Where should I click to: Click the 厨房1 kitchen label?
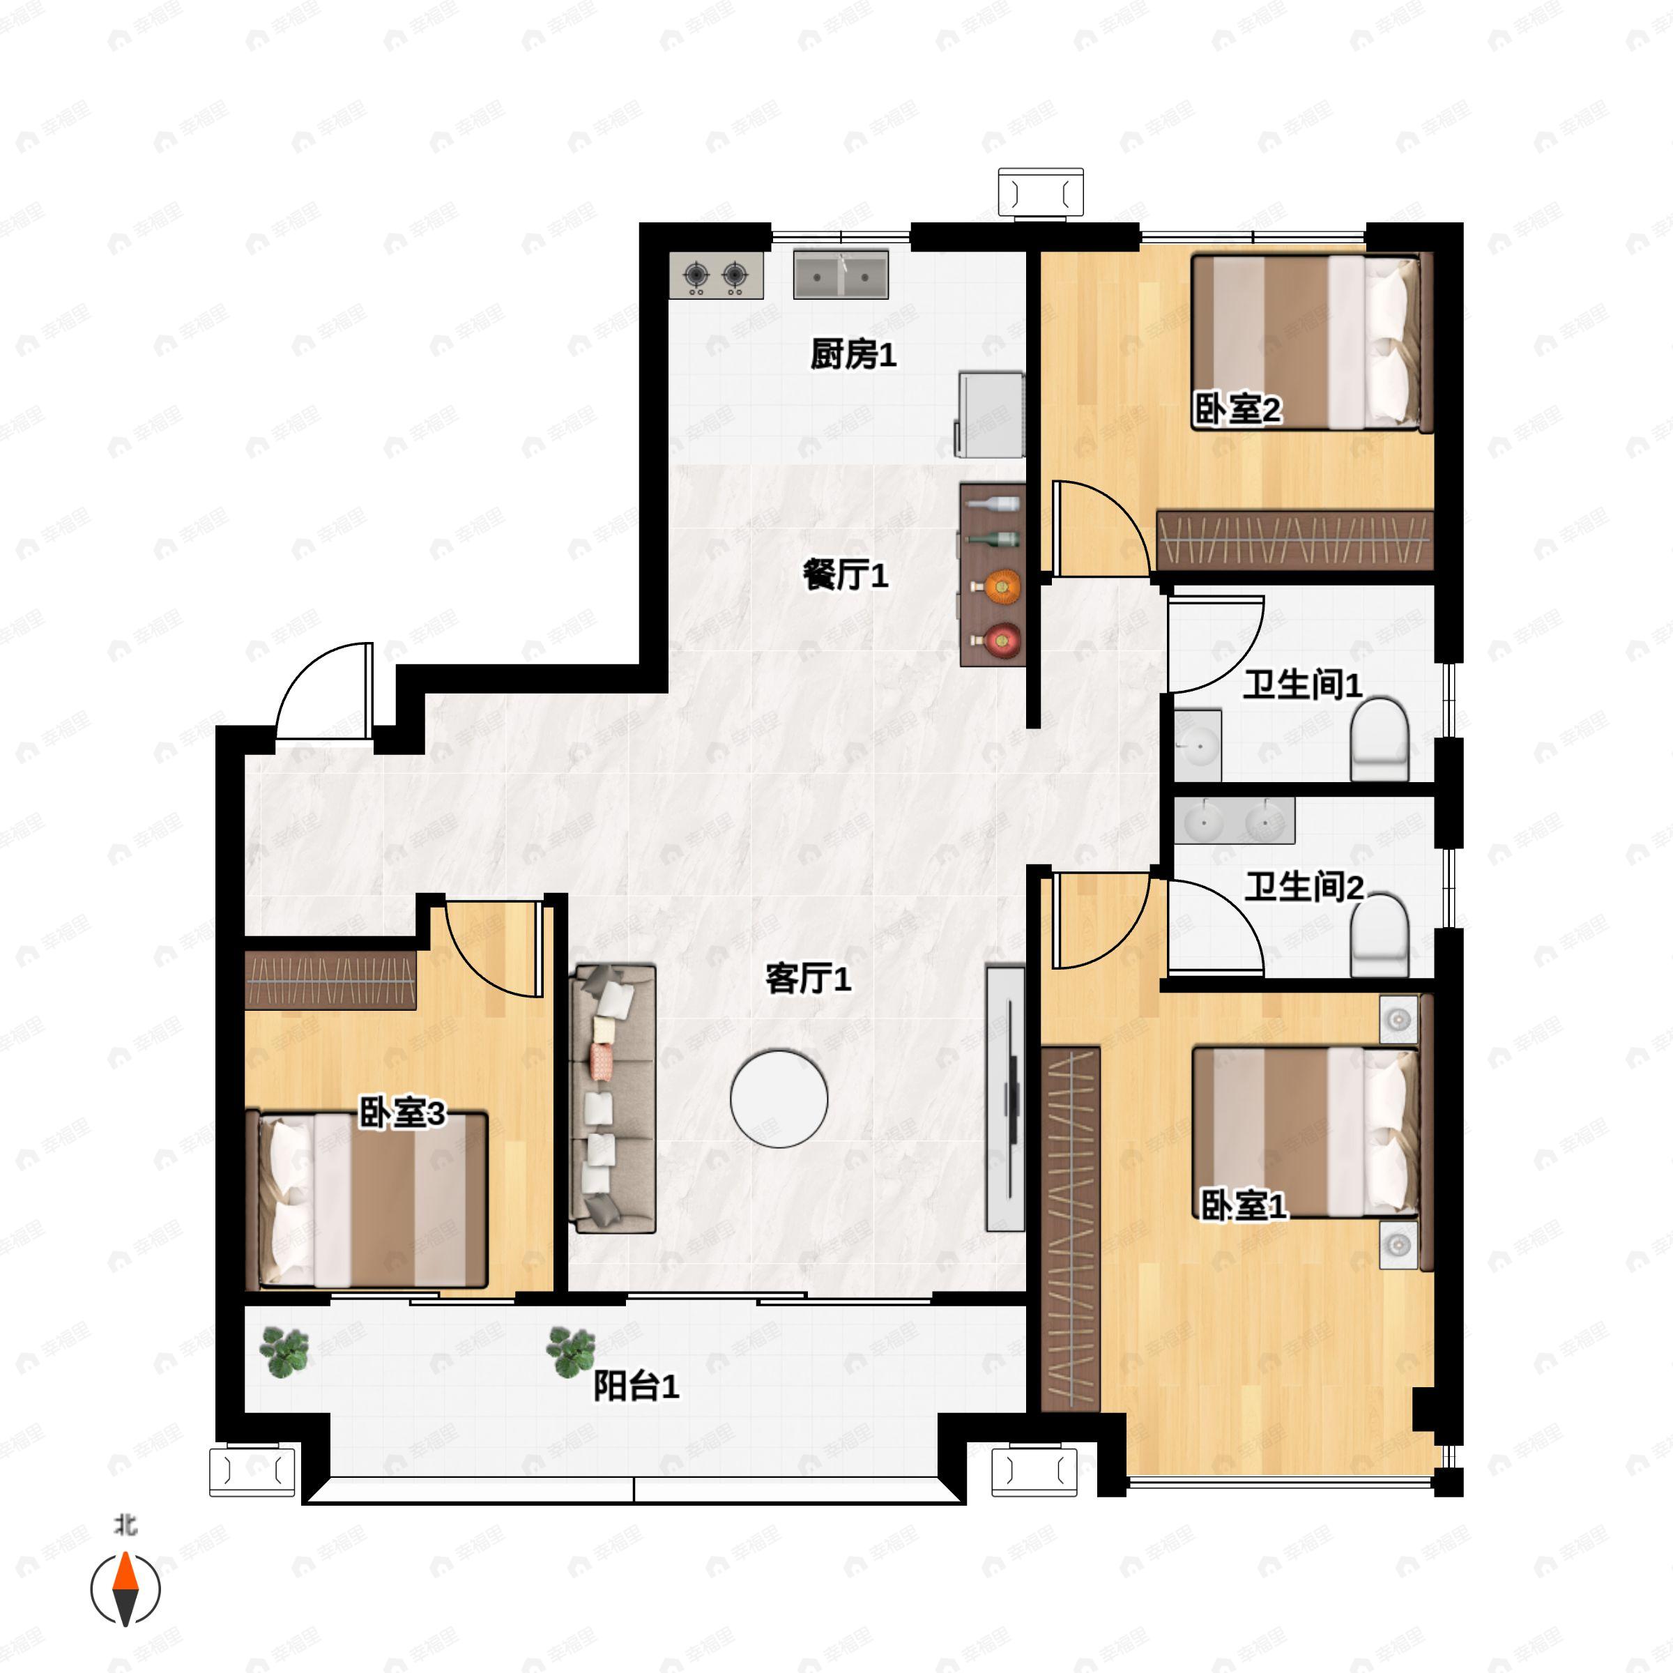tap(853, 354)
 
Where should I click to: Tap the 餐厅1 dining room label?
tap(845, 575)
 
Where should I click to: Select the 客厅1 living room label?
tap(808, 979)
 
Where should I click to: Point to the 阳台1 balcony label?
tap(636, 1386)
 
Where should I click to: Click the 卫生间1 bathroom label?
tap(1302, 685)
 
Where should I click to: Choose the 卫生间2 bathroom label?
tap(1304, 887)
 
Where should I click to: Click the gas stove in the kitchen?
tap(716, 275)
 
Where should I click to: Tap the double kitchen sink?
tap(841, 275)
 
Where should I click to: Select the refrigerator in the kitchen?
tap(990, 415)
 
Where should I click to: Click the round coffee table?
tap(779, 1099)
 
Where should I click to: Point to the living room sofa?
tap(612, 1099)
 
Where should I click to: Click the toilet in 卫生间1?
tap(1380, 740)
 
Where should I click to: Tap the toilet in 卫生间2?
tap(1380, 937)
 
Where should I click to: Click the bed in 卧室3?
tap(367, 1200)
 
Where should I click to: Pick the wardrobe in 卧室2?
tap(1295, 540)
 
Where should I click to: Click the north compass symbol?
tap(125, 1589)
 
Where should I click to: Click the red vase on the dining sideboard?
tap(1003, 640)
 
